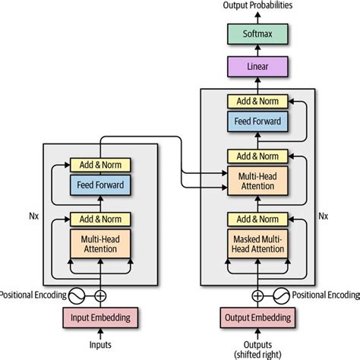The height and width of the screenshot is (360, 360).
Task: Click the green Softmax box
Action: [257, 34]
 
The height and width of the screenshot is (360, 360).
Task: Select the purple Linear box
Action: [257, 68]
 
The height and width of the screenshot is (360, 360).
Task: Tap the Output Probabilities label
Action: [257, 6]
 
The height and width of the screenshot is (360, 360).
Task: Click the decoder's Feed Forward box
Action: [257, 122]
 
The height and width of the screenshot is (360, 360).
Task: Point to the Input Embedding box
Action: [100, 317]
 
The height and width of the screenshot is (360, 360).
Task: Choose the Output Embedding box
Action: [257, 317]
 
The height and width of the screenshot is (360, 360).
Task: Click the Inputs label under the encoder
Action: [100, 346]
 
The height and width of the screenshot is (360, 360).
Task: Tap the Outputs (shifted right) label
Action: [257, 349]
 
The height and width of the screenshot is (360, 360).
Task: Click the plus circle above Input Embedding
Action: [100, 294]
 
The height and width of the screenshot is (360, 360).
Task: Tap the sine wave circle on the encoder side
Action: [77, 294]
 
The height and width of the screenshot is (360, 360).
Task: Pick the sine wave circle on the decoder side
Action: [280, 294]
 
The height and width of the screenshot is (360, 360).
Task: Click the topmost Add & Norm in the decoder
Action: [257, 101]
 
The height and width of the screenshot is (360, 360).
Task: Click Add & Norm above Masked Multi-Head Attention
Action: [257, 219]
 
